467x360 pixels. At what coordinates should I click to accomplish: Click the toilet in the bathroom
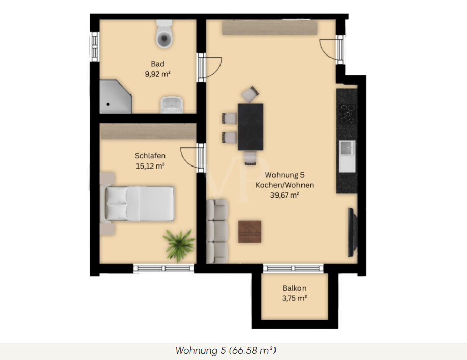164,34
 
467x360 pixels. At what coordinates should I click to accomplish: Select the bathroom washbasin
172,105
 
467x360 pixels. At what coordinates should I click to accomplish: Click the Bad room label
157,64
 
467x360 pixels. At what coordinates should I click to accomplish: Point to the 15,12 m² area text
150,166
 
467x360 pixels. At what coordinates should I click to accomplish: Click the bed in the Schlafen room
140,204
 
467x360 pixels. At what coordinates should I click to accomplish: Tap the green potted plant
179,245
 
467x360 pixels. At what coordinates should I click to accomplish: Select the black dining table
251,127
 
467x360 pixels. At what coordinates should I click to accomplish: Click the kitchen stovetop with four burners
347,114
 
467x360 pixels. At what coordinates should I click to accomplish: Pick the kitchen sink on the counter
347,148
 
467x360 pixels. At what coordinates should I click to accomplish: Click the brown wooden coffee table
250,232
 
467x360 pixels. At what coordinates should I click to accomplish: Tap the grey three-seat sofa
217,231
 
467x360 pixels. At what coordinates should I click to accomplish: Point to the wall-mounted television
352,232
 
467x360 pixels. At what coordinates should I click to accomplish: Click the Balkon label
294,288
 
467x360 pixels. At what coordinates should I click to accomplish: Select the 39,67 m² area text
285,195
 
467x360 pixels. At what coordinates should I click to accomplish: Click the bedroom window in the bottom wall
163,268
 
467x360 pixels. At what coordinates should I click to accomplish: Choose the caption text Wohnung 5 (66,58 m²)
226,350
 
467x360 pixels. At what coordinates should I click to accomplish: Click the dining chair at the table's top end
250,94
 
